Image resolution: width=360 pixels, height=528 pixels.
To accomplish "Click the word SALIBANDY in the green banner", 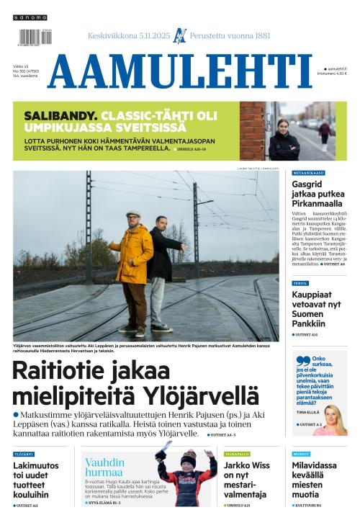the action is coord(60,115).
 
